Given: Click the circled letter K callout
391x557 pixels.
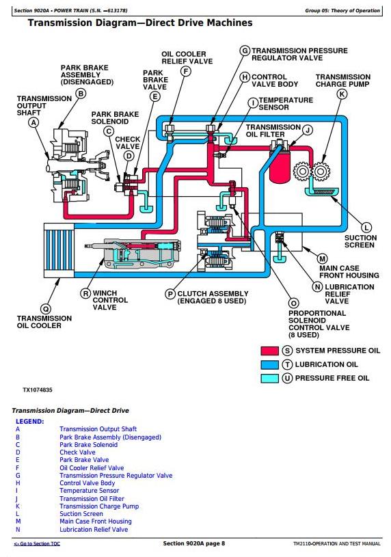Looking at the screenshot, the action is (x=342, y=94).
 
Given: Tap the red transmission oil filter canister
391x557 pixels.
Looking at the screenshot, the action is (x=280, y=167).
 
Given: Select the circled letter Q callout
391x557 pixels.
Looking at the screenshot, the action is (x=46, y=309).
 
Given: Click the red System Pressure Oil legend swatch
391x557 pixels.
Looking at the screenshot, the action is (x=270, y=351).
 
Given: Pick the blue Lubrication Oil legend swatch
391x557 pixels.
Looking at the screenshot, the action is (x=270, y=364).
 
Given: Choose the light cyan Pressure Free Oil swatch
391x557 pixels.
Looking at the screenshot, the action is (x=270, y=379).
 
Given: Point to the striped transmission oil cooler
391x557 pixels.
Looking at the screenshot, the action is (x=59, y=251).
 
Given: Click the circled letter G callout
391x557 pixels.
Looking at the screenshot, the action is (x=245, y=51).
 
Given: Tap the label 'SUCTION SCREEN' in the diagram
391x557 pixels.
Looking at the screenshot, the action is (x=360, y=241).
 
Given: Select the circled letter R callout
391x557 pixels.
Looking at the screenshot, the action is (x=85, y=294).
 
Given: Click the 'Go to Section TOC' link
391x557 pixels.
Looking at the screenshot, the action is (x=37, y=544).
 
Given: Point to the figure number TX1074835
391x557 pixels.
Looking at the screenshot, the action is (x=38, y=390).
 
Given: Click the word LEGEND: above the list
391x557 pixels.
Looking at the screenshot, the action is (x=30, y=422).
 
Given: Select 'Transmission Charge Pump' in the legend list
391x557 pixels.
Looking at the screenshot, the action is (x=99, y=506).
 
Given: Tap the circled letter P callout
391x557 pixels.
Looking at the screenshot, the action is (x=170, y=294).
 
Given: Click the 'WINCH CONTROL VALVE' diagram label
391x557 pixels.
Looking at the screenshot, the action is (x=110, y=300).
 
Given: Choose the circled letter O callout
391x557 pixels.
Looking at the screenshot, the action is (x=294, y=303).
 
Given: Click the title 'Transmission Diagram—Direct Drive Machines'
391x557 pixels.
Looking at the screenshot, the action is (x=140, y=23).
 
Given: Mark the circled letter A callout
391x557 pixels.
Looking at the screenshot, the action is (x=33, y=123).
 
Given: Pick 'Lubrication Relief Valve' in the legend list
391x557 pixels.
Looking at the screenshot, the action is (x=94, y=529).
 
